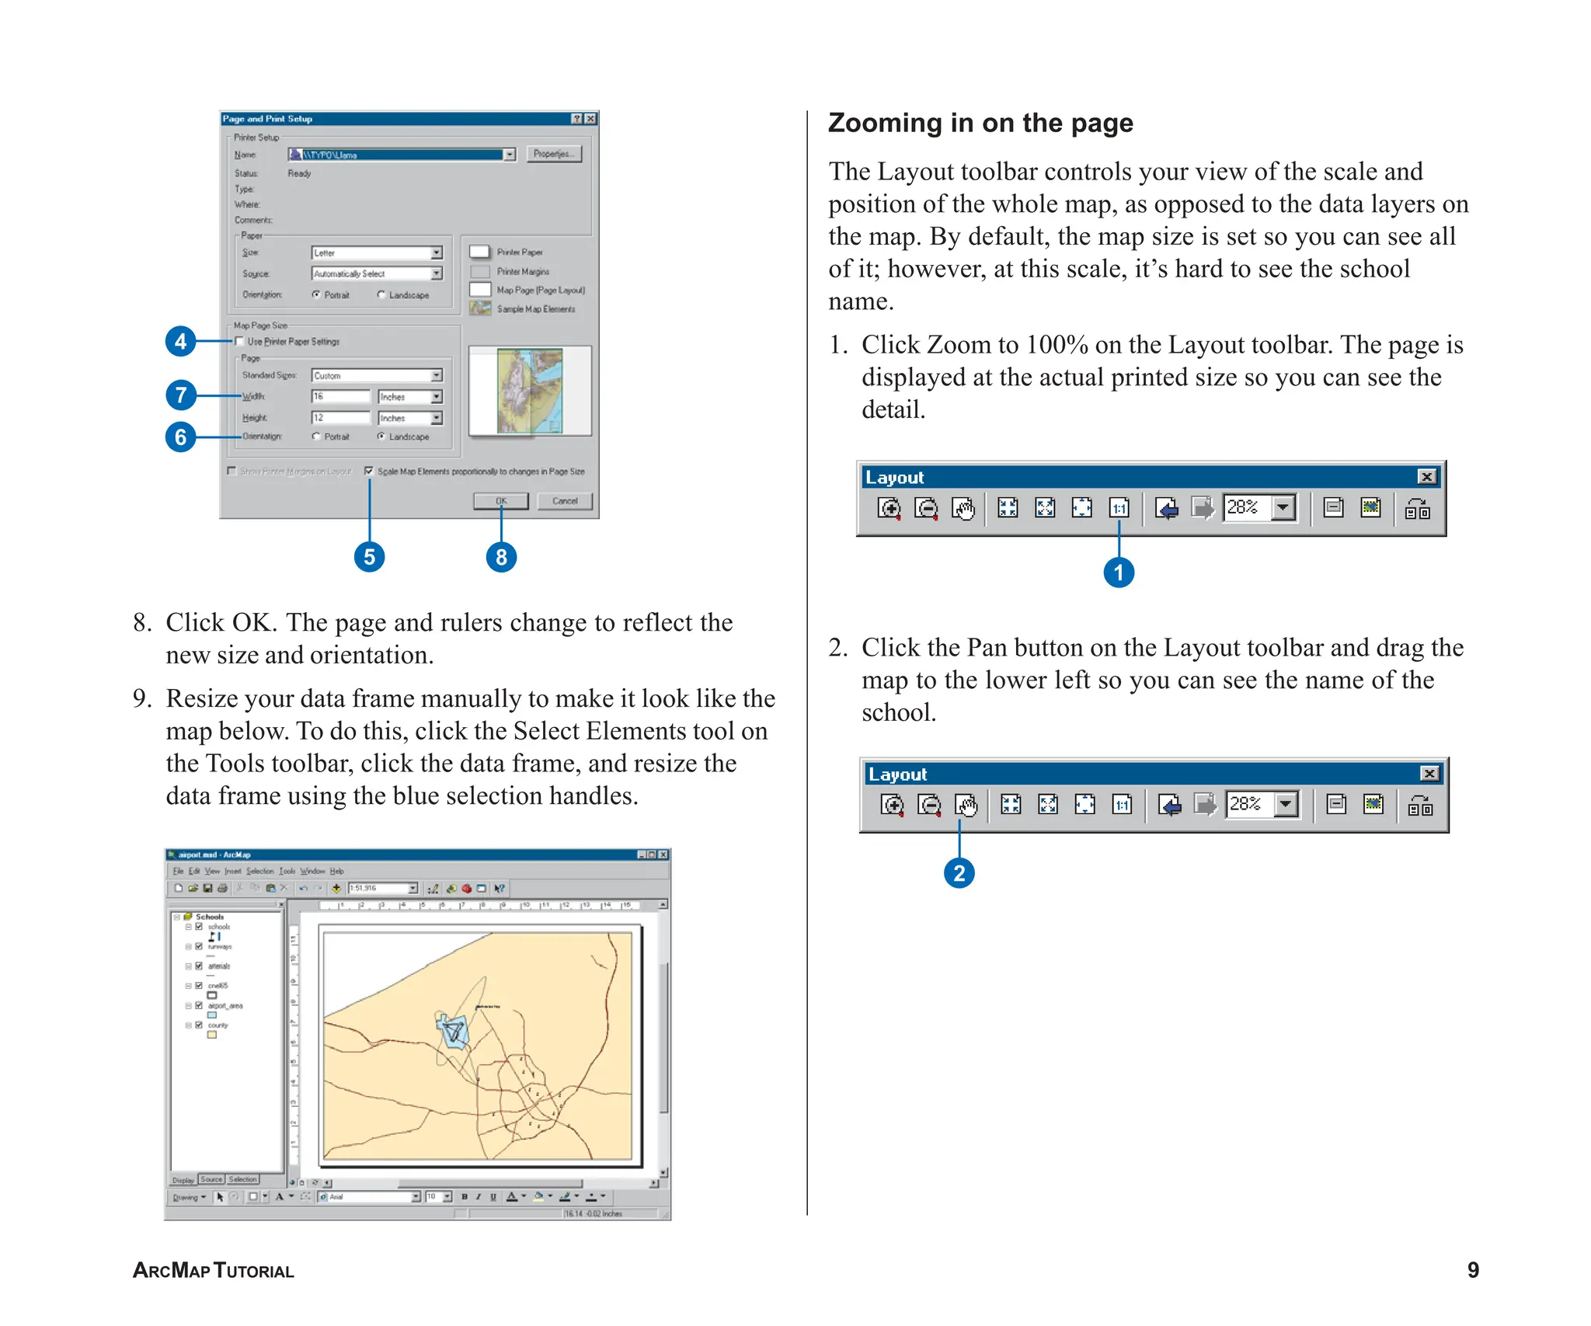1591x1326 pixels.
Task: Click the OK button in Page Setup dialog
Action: [x=501, y=501]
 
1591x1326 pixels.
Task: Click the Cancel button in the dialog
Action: [x=565, y=501]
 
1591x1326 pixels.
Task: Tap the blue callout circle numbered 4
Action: [x=181, y=341]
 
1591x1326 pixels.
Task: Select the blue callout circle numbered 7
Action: [x=181, y=395]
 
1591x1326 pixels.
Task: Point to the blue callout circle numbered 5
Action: [x=370, y=557]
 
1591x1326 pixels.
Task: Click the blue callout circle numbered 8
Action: [x=501, y=557]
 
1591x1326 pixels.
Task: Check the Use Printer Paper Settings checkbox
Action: [x=240, y=341]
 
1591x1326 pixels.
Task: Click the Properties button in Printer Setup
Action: [x=553, y=154]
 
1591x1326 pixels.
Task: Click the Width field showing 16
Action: [x=340, y=396]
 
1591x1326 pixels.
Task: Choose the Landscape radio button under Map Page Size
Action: [x=381, y=437]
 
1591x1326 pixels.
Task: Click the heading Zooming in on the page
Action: [x=980, y=123]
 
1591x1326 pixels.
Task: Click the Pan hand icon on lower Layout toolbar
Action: [x=966, y=805]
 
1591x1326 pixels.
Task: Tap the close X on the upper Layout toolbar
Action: [x=1426, y=477]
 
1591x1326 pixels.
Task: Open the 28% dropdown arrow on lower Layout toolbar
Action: [x=1286, y=804]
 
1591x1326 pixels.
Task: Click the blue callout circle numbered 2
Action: [x=959, y=873]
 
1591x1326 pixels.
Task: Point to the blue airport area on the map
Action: [x=452, y=1031]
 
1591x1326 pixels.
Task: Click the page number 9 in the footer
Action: [x=1472, y=1271]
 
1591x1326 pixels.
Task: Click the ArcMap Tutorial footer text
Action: [x=214, y=1271]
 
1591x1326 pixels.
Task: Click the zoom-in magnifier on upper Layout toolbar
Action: [x=889, y=508]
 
